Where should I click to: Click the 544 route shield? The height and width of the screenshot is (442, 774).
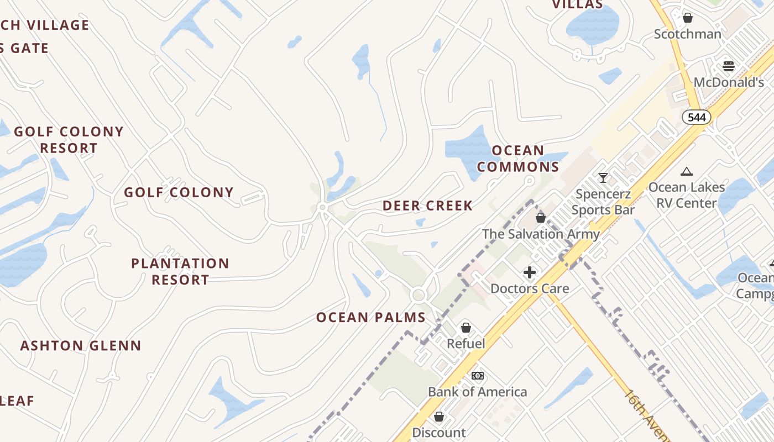click(696, 117)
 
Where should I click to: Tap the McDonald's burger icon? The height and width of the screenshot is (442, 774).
click(729, 66)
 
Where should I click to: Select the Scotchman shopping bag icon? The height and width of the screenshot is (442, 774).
click(688, 18)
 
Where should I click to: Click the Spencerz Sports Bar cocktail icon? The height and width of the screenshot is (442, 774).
click(603, 178)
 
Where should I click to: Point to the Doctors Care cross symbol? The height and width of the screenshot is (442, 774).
click(530, 272)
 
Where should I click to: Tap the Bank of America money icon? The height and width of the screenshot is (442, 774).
click(478, 376)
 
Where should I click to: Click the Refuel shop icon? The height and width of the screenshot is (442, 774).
click(466, 328)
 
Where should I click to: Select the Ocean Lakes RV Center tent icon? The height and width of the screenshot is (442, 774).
click(687, 171)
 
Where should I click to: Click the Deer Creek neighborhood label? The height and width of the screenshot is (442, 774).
click(427, 206)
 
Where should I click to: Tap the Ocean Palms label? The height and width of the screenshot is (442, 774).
click(371, 318)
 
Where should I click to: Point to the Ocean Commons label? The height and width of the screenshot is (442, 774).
click(518, 159)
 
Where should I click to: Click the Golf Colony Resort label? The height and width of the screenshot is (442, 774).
click(69, 140)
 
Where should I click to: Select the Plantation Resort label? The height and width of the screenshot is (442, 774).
click(180, 271)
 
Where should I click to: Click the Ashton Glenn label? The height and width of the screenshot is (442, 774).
click(81, 346)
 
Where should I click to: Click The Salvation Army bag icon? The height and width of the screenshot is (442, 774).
click(541, 218)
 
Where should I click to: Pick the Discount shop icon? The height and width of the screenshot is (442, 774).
click(439, 417)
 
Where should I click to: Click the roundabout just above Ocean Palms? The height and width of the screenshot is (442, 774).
click(419, 295)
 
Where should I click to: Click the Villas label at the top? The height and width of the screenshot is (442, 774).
click(578, 5)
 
